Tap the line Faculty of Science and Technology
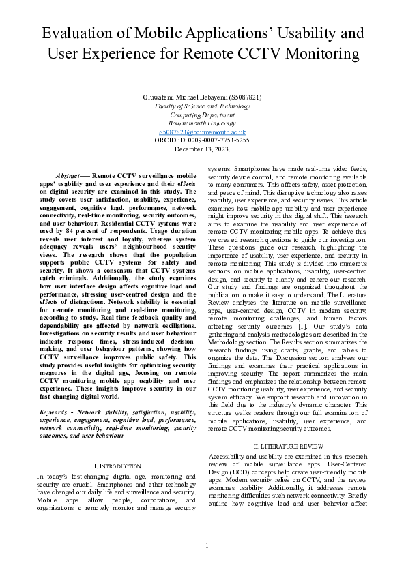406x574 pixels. (202, 106)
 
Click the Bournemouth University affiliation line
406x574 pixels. (202, 123)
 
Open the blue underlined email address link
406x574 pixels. (202, 132)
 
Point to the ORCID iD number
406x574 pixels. (218, 140)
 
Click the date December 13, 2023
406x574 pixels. (202, 148)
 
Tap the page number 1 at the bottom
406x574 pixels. (206, 545)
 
